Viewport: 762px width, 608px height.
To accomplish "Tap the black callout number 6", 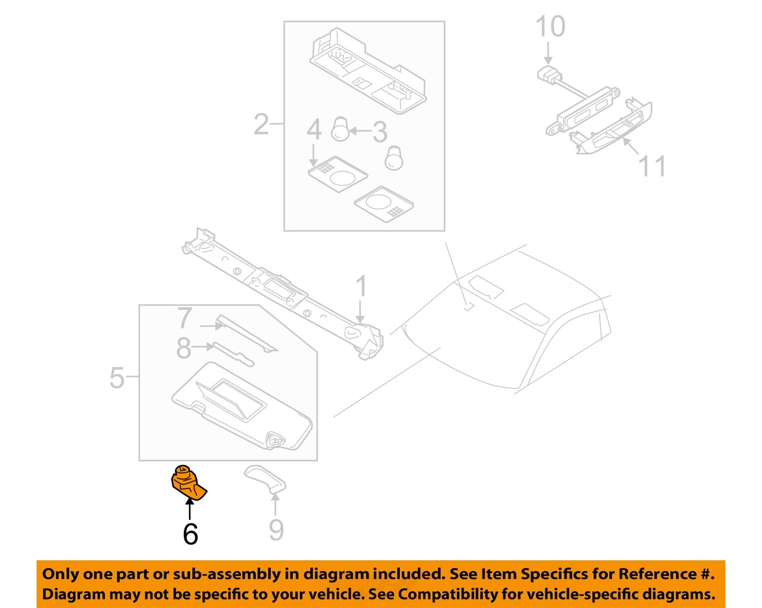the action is (190, 534).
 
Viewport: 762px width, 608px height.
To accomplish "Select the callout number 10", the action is (550, 27).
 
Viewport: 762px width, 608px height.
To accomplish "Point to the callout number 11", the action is (651, 166).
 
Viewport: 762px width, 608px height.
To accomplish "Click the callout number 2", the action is (261, 124).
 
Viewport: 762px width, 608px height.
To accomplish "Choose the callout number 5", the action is (117, 378).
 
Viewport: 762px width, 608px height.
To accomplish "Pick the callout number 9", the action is (276, 530).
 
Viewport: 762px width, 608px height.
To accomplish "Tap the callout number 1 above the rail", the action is (361, 287).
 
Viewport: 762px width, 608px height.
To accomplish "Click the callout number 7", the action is (184, 318).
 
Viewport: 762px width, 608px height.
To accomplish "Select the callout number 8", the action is (183, 348).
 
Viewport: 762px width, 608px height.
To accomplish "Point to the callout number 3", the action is (379, 132).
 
